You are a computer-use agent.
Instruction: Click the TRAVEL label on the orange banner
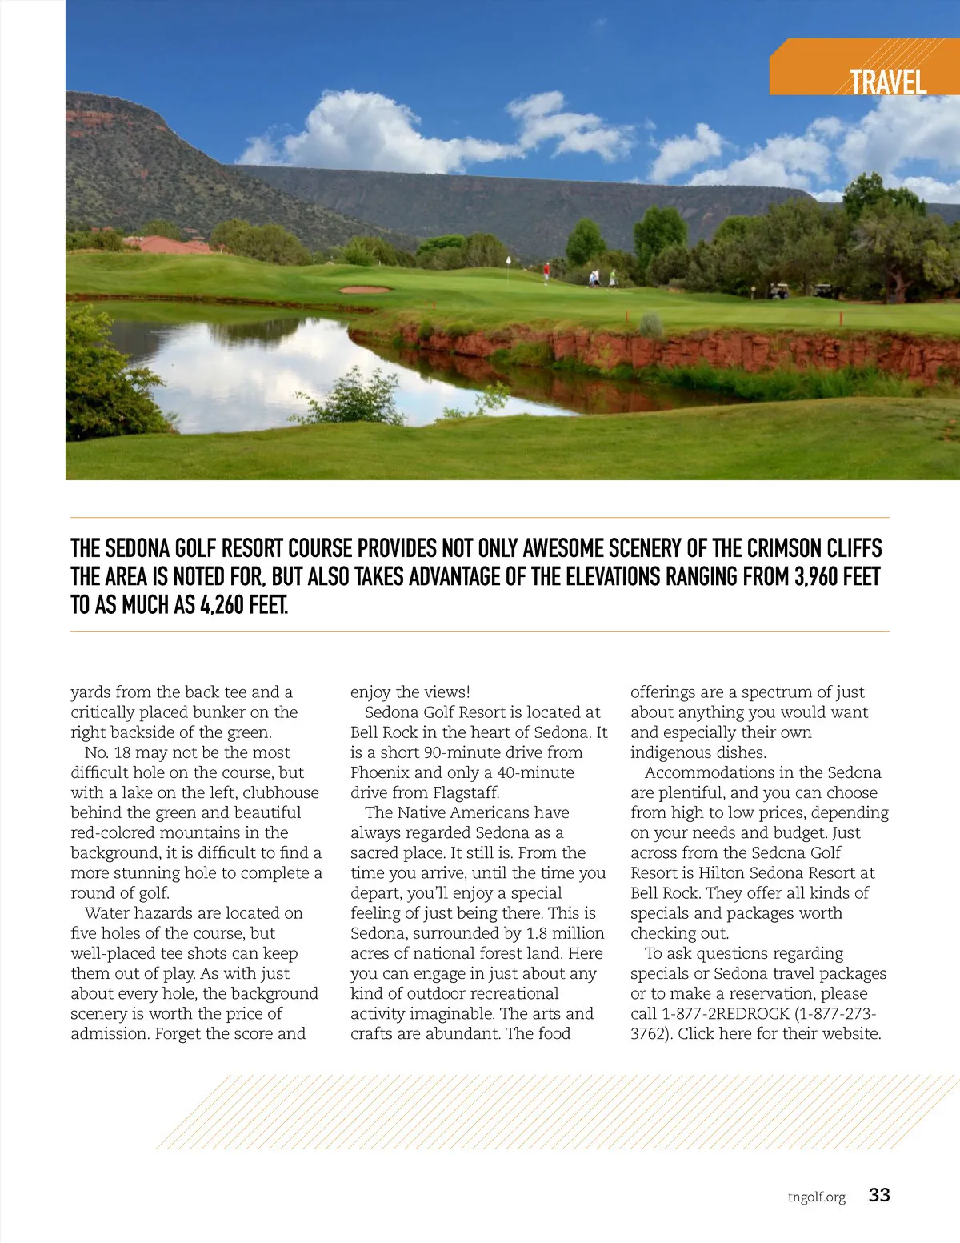(x=887, y=82)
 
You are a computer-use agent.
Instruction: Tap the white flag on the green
(x=509, y=261)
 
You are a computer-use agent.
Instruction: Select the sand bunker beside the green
(x=366, y=289)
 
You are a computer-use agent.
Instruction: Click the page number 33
(x=879, y=1195)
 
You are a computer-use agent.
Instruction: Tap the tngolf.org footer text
(x=816, y=1197)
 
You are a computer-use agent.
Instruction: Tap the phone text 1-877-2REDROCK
(x=726, y=1013)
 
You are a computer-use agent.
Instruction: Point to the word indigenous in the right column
(x=668, y=752)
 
